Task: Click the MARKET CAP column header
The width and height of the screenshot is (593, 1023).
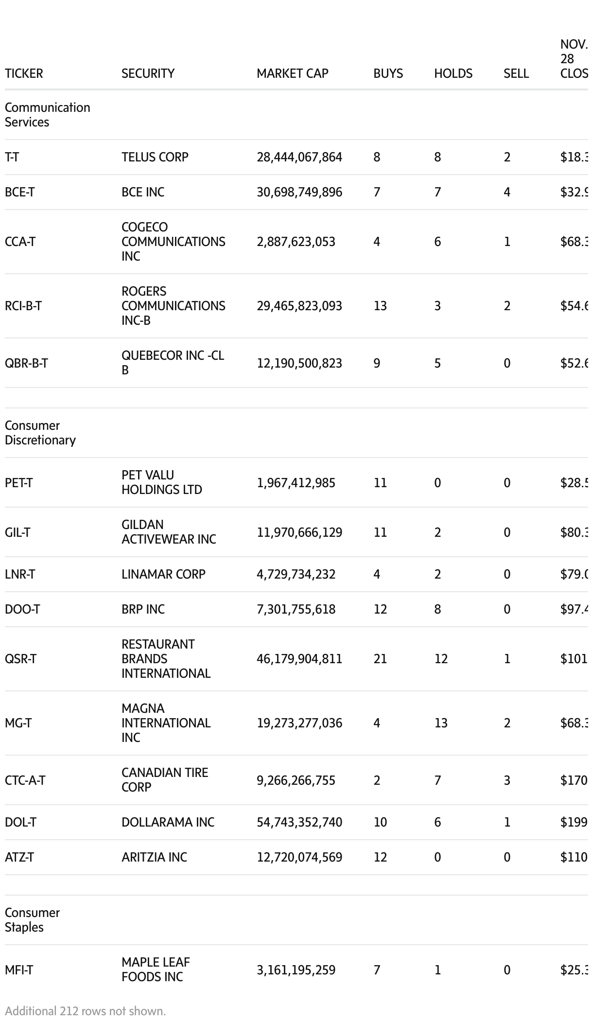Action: click(292, 73)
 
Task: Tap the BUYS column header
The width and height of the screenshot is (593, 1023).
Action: click(388, 73)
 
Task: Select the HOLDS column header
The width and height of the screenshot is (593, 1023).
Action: click(453, 73)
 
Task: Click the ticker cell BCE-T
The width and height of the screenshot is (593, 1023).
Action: click(19, 192)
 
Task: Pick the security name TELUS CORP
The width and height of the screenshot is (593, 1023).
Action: click(155, 157)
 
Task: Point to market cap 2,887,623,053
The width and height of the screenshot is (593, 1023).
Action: click(296, 242)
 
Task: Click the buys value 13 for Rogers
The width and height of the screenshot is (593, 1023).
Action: click(380, 306)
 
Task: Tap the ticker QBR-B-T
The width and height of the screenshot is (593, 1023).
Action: click(26, 363)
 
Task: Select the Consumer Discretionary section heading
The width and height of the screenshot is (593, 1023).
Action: click(40, 433)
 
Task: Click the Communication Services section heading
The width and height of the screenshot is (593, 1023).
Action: click(47, 115)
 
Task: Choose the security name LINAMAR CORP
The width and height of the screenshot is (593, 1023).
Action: click(163, 574)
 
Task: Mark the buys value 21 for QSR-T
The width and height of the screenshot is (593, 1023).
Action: click(380, 659)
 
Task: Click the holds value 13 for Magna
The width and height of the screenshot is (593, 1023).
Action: click(441, 723)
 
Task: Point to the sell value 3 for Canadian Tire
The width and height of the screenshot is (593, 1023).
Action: click(507, 780)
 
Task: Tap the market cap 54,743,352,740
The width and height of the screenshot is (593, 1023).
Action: click(299, 822)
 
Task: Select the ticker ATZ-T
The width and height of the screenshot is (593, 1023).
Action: click(19, 857)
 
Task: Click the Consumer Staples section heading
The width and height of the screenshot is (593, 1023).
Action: click(32, 920)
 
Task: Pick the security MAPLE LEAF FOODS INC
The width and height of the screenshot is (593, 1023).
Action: click(156, 970)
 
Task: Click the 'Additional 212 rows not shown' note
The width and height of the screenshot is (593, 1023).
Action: click(86, 1011)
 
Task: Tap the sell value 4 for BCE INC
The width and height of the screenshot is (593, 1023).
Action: click(507, 192)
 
